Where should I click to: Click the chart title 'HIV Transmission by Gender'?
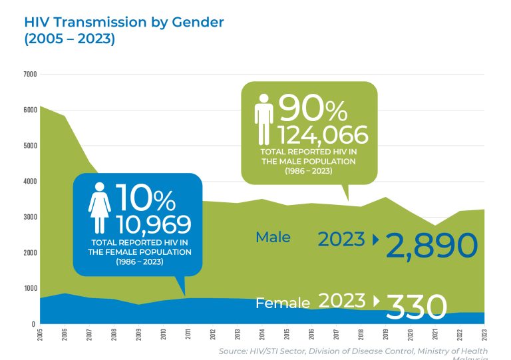(124, 22)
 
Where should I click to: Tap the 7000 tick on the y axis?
(30, 74)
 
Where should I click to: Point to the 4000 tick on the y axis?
(30, 181)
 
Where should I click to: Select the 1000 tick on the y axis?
(30, 288)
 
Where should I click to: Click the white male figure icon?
(264, 119)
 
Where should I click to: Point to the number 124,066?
(322, 135)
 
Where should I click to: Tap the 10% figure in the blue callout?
(146, 199)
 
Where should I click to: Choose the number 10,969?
(153, 225)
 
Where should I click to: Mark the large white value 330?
(416, 307)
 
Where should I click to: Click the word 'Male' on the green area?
(273, 237)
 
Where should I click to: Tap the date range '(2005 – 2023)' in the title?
(70, 39)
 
